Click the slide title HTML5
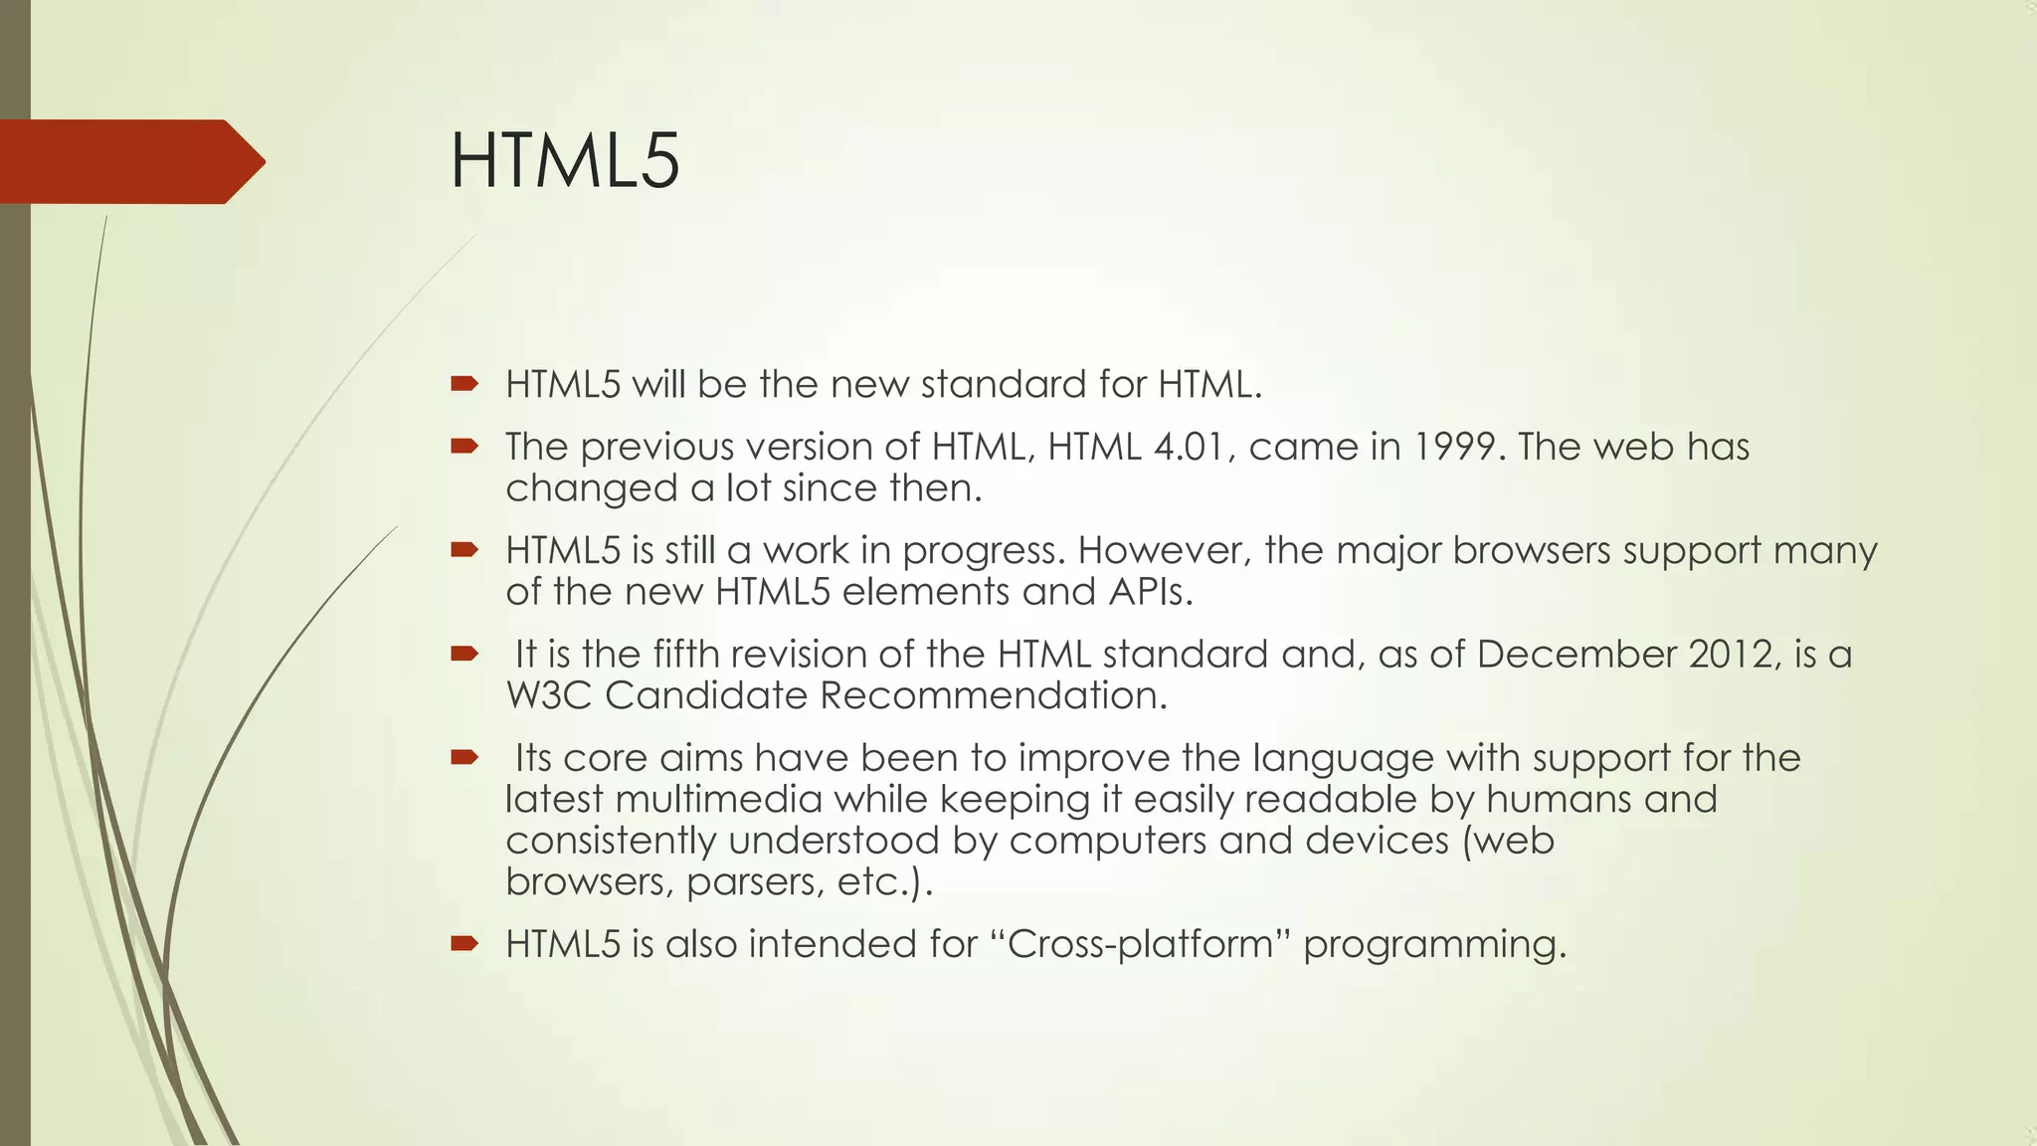tap(564, 161)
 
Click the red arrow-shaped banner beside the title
tap(129, 161)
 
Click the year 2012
tap(1731, 655)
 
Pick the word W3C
tap(549, 695)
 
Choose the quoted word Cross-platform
tap(1140, 944)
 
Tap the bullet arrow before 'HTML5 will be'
tap(464, 384)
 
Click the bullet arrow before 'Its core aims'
tap(464, 758)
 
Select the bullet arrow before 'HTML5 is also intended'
tap(464, 943)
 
